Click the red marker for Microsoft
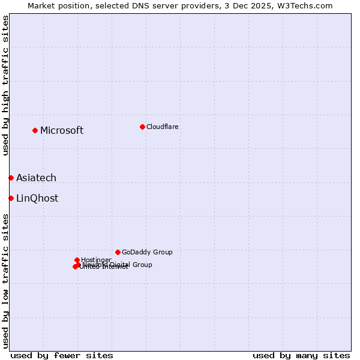click(x=35, y=130)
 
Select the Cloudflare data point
click(x=142, y=127)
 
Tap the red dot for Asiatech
click(x=11, y=178)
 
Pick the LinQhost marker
click(x=11, y=198)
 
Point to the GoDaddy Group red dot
click(x=118, y=252)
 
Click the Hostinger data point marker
click(x=77, y=260)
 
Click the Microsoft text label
click(x=62, y=131)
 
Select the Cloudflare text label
click(x=162, y=127)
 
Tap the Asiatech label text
click(x=36, y=178)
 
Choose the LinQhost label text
click(x=37, y=199)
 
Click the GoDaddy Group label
click(x=147, y=252)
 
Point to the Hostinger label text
click(x=96, y=260)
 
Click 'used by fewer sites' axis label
click(x=62, y=355)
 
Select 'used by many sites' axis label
click(x=301, y=355)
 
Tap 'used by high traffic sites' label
click(x=5, y=85)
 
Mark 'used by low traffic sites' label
click(x=5, y=281)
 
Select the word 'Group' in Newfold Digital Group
click(x=142, y=265)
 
